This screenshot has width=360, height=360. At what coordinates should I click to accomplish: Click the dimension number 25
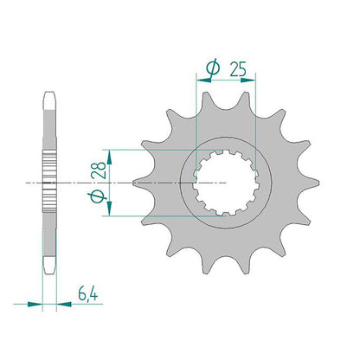(x=238, y=69)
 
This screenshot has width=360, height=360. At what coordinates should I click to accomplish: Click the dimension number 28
(x=98, y=170)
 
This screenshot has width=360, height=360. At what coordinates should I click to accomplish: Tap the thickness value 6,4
(x=87, y=293)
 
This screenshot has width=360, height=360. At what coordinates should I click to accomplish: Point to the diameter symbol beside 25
(x=213, y=68)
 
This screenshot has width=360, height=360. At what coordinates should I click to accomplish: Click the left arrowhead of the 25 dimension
(x=203, y=80)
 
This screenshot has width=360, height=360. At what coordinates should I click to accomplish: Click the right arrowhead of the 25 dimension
(x=248, y=80)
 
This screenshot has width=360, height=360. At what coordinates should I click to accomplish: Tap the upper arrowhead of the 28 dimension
(x=109, y=157)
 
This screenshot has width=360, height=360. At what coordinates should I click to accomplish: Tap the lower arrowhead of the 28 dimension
(x=109, y=209)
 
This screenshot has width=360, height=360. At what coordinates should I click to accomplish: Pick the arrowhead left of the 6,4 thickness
(x=35, y=304)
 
